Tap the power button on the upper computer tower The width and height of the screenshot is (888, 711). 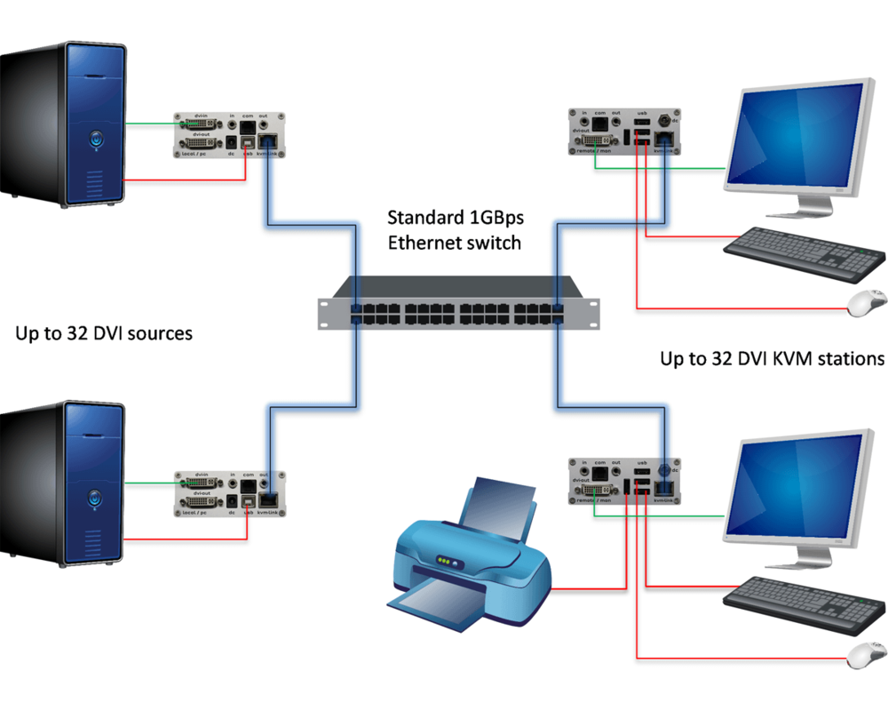(95, 139)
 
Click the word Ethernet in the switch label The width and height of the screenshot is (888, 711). (421, 242)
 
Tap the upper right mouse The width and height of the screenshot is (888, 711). (867, 303)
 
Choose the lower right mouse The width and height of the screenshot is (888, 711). (867, 657)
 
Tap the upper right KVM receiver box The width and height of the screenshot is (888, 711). (625, 132)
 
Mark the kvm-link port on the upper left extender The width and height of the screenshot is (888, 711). (272, 142)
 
